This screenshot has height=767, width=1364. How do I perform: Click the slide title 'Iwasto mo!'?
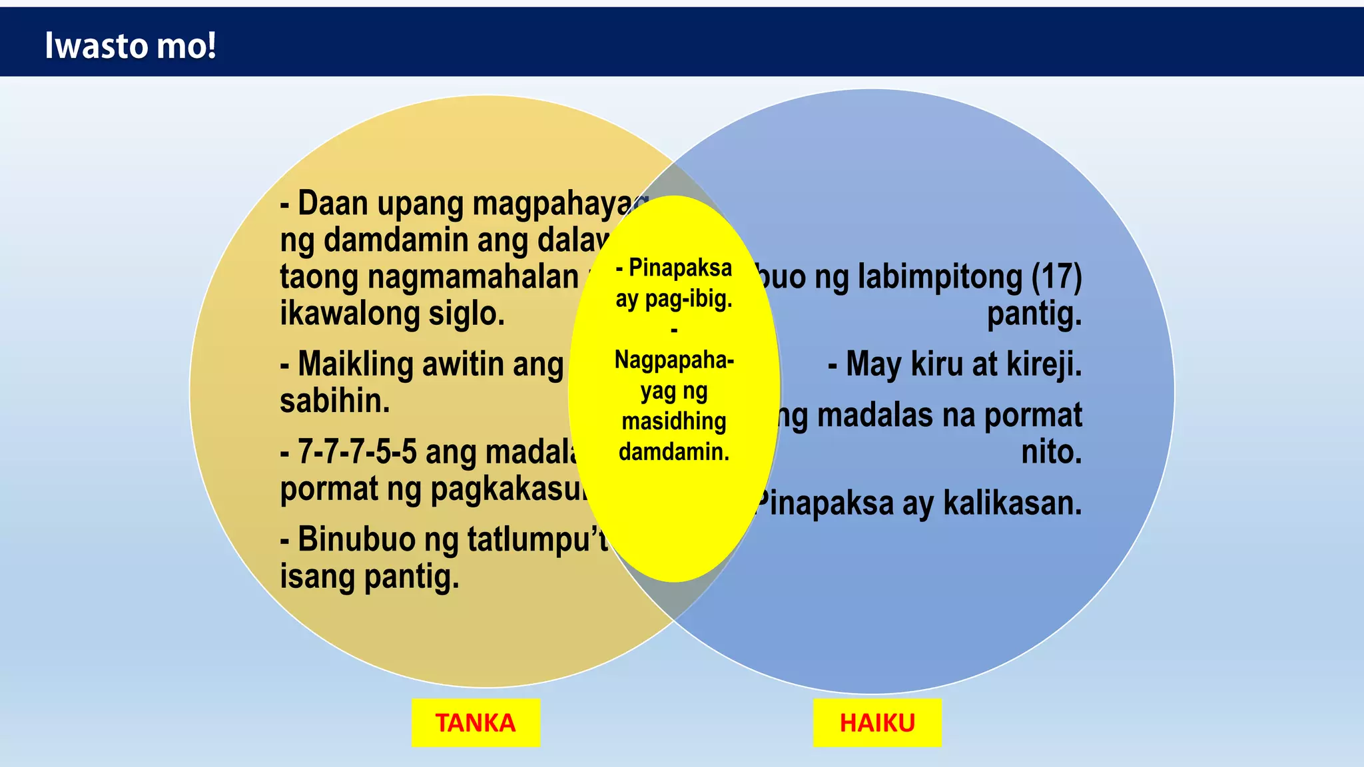coord(131,45)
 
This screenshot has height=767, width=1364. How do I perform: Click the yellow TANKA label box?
coord(476,722)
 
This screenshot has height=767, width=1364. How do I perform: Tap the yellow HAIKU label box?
coord(877,722)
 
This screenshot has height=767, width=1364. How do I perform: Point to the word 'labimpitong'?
coord(940,276)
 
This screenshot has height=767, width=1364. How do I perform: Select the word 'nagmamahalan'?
coord(473,277)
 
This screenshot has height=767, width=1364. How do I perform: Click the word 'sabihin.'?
coord(334,401)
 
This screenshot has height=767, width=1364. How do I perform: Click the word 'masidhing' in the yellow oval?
coord(674,421)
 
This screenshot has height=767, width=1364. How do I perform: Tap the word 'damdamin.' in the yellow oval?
coord(674,451)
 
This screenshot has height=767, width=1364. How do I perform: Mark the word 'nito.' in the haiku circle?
coord(1052,452)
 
